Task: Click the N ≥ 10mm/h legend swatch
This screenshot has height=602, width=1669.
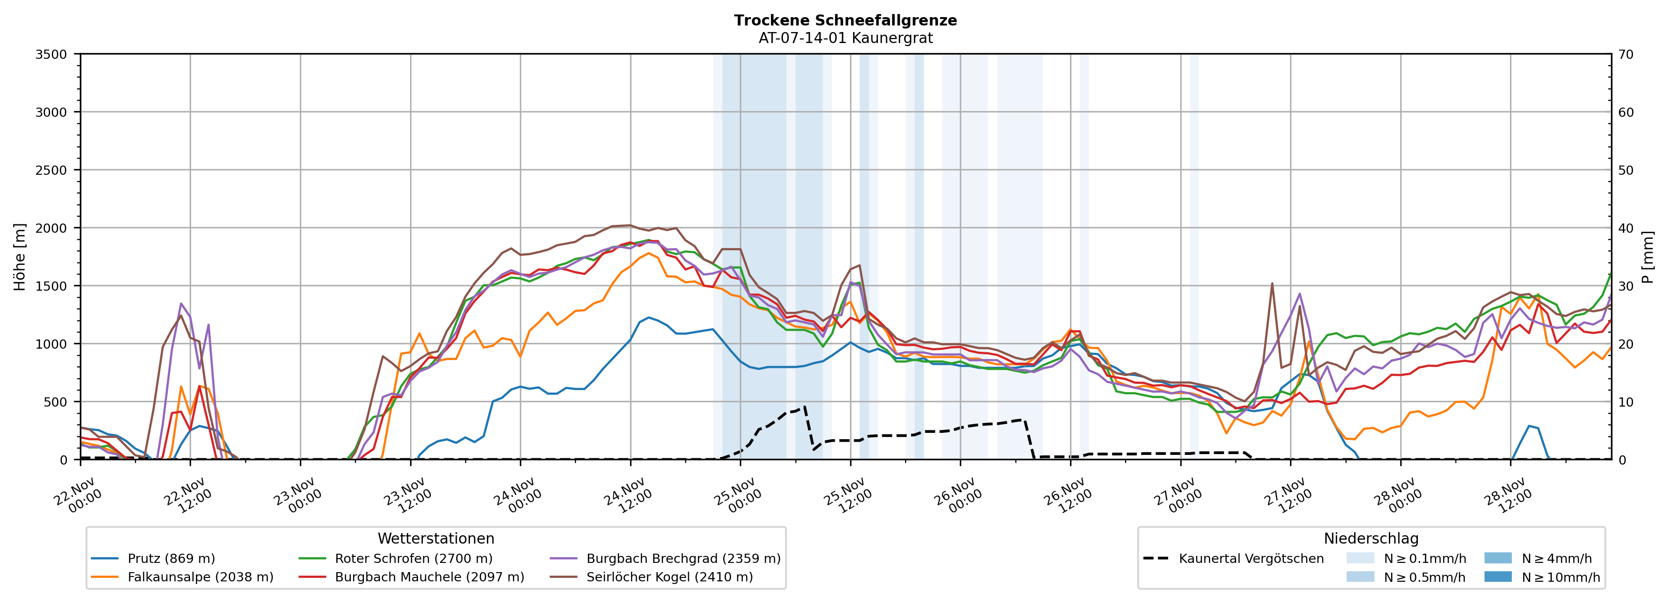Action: (1497, 577)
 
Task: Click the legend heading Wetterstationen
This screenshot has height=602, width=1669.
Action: (436, 538)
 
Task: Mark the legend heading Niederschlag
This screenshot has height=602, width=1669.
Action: (1371, 538)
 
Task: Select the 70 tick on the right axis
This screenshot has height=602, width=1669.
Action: (1626, 54)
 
